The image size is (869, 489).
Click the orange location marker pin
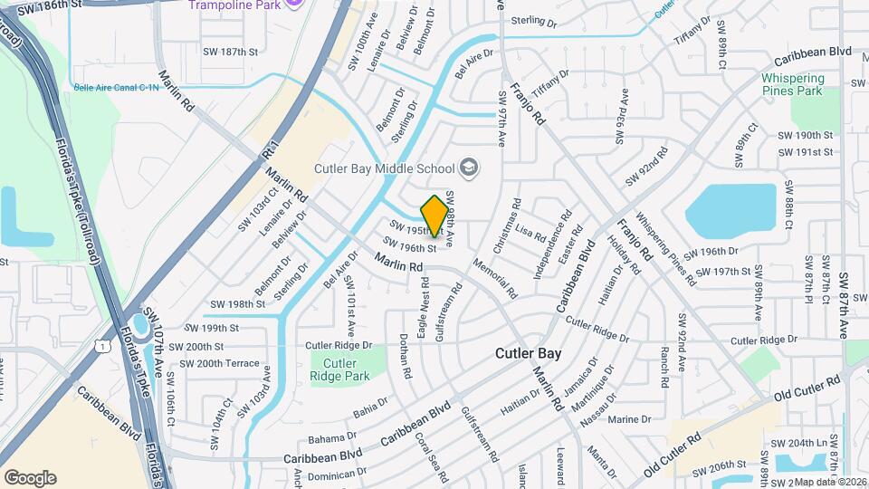[434, 216]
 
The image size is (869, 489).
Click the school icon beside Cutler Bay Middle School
[469, 167]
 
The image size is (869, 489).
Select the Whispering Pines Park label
[791, 85]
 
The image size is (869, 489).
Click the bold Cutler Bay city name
[529, 354]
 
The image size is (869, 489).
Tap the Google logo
[30, 477]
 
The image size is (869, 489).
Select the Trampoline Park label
[234, 5]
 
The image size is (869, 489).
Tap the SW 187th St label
[231, 53]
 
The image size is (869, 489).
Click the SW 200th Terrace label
[219, 363]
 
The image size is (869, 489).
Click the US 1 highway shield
[104, 346]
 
